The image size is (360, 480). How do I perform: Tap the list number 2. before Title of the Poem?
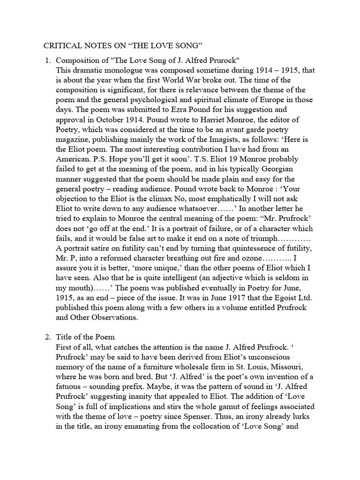coord(47,337)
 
